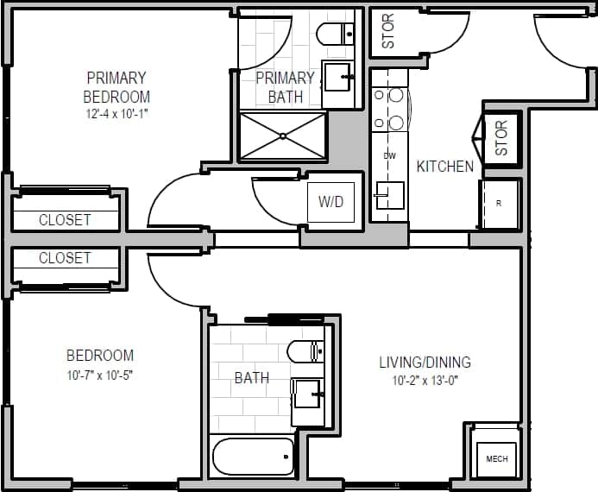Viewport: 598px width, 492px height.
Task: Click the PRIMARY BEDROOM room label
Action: point(116,87)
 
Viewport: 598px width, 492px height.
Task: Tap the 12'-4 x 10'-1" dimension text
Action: point(116,113)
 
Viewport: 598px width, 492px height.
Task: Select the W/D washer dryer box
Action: point(331,202)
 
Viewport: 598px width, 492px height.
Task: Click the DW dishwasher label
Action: point(389,156)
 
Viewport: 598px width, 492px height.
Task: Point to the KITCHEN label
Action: point(445,167)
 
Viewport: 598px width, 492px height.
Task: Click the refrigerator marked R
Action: point(500,205)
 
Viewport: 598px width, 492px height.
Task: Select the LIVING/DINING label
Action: point(425,363)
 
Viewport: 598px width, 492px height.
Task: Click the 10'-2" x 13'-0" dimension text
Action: point(425,381)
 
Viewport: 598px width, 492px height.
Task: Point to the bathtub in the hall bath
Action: point(254,456)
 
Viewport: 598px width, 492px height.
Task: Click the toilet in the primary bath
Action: point(335,35)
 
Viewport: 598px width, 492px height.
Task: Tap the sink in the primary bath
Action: point(338,76)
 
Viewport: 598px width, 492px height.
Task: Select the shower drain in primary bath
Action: point(283,136)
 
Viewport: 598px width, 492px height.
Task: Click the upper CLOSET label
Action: point(65,220)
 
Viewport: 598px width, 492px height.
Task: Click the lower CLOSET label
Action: point(65,258)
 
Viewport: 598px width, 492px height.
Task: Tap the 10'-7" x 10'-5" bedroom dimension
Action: point(100,374)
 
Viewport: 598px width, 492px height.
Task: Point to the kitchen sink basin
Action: point(390,194)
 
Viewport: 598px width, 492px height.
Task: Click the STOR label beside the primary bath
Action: point(388,31)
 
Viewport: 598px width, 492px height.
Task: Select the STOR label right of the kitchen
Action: point(501,137)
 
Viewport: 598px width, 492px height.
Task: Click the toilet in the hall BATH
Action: point(305,351)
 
